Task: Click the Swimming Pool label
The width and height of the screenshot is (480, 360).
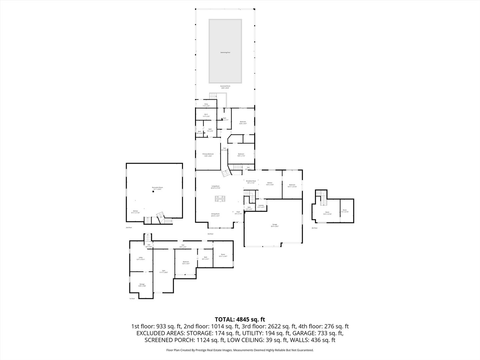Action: point(225,52)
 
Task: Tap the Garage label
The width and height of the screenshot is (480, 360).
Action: point(275,225)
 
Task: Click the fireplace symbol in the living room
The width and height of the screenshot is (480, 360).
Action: point(220,199)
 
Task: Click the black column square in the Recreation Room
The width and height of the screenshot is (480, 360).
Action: point(153,192)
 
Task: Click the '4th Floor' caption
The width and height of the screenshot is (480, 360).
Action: point(314,228)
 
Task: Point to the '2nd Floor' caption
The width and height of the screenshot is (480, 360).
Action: point(129,227)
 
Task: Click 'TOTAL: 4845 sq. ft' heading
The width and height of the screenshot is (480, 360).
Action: point(240,319)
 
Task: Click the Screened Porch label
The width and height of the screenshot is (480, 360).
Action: point(225,86)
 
